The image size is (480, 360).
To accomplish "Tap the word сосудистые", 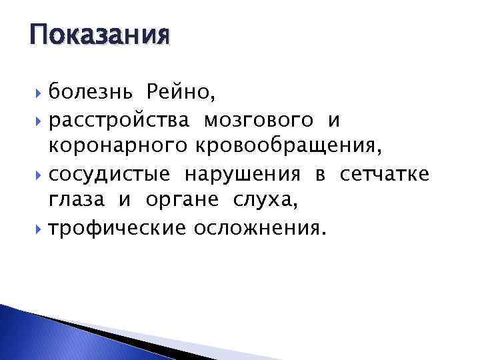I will (110, 175).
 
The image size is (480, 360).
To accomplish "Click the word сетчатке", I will (385, 175).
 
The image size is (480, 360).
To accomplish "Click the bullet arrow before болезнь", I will (41, 91).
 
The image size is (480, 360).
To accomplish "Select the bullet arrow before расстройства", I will (41, 121).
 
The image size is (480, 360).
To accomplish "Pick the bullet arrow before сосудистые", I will (41, 175).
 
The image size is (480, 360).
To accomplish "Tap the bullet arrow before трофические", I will (41, 229).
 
